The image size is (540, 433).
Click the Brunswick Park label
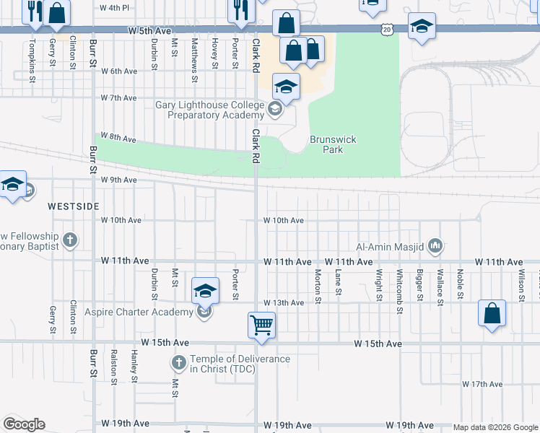[332, 144]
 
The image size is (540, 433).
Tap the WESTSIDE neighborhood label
[73, 206]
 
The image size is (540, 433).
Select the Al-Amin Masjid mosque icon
[435, 247]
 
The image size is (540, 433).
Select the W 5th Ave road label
[150, 31]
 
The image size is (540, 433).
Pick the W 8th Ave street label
[118, 136]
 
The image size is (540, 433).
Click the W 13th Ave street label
[283, 302]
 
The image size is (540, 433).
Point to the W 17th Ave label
[482, 385]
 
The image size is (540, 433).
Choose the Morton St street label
[318, 283]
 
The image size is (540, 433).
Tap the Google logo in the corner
[24, 424]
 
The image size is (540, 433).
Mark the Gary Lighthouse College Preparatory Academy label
[209, 110]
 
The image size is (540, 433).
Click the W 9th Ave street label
[118, 180]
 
